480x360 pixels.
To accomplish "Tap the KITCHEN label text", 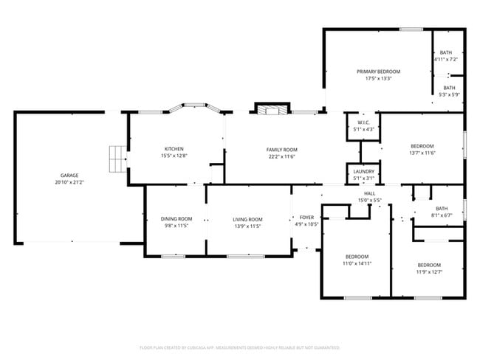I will [x=174, y=149].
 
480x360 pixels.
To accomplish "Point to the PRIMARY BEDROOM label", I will [x=378, y=72].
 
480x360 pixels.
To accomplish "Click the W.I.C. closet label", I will [x=364, y=122].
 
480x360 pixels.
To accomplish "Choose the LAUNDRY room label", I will [x=364, y=171].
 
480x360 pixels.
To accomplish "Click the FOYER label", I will [x=306, y=218].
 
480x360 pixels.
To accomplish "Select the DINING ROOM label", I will [x=176, y=219].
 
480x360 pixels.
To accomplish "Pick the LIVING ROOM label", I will [x=247, y=219].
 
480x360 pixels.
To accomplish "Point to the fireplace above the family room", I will [x=270, y=109].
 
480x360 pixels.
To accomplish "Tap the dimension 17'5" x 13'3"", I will [x=378, y=79].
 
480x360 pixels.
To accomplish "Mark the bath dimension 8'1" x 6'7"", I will [x=442, y=215].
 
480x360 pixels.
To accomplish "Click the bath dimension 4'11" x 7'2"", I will [x=445, y=59].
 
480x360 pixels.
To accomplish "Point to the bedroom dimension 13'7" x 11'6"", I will [x=422, y=153].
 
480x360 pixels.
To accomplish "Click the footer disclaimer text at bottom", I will [x=239, y=347].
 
